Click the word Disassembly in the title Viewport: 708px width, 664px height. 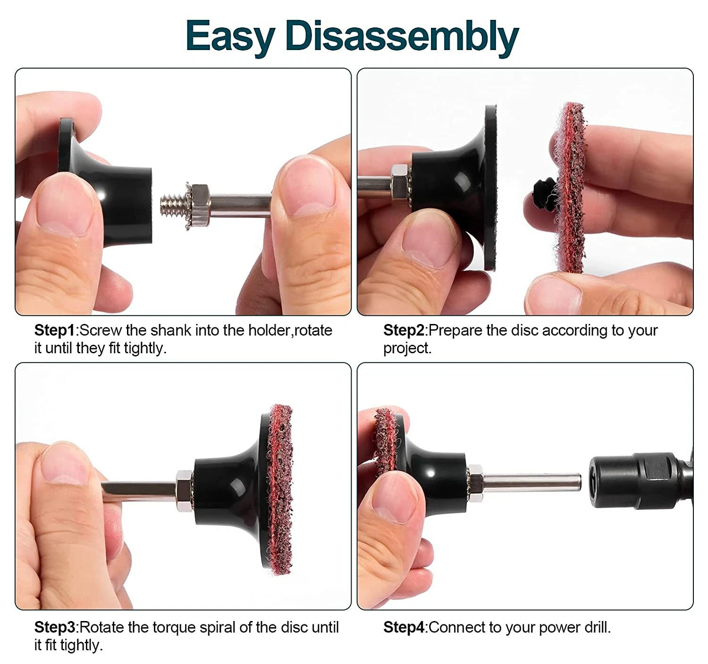402,36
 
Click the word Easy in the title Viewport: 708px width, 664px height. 231,37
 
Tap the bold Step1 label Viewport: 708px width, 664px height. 55,331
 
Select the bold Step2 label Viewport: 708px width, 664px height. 404,331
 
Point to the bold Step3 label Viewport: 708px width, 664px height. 55,627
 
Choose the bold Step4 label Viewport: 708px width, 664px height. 404,627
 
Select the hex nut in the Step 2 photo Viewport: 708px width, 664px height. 399,182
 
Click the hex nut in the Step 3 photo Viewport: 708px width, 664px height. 184,491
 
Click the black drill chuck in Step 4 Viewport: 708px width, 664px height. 640,481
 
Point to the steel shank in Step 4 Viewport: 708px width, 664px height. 531,482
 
